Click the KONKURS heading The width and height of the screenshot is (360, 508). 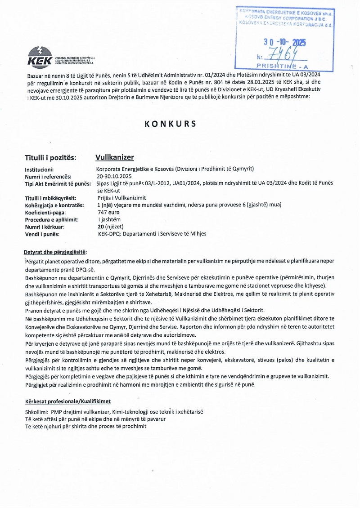[171, 124]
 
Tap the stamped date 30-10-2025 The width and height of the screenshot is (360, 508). [284, 43]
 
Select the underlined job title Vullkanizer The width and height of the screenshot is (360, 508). [115, 157]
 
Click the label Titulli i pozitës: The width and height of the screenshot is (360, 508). [50, 158]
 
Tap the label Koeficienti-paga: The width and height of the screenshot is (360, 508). [45, 212]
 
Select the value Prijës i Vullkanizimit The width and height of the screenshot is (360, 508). [121, 198]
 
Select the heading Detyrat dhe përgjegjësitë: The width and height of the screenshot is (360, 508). [55, 252]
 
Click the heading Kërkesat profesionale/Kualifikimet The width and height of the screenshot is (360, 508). [67, 401]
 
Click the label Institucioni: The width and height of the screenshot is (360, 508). [40, 169]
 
